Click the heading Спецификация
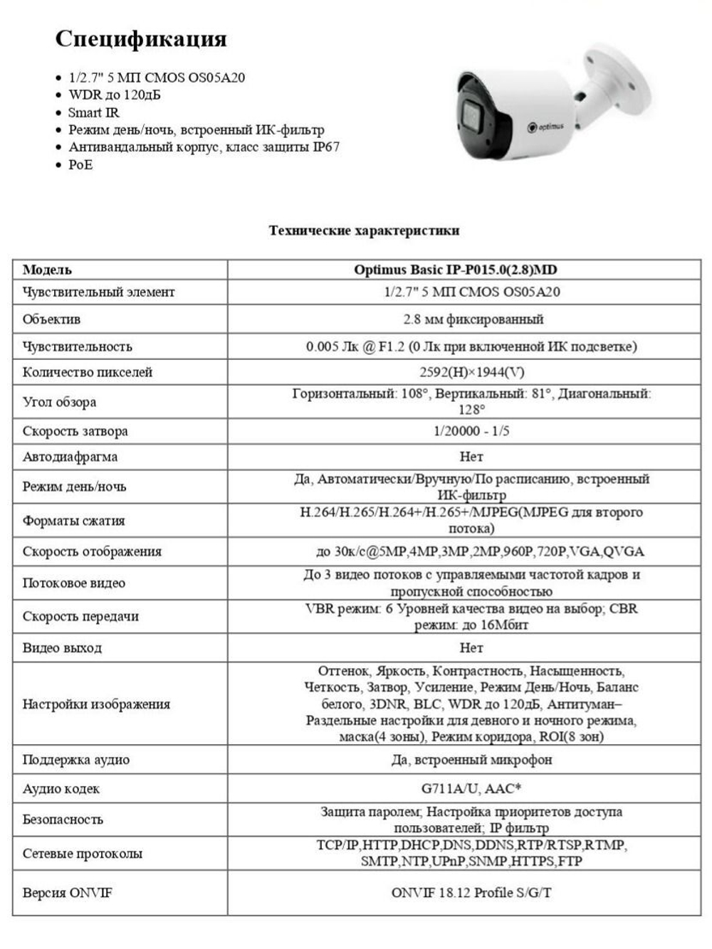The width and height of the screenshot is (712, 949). [x=141, y=38]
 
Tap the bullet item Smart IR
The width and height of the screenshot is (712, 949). [x=93, y=112]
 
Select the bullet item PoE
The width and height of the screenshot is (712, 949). [x=80, y=165]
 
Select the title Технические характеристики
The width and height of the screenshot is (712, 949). [x=364, y=230]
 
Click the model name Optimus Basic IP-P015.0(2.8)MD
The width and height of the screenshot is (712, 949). [x=456, y=270]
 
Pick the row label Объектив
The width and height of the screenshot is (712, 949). [x=51, y=319]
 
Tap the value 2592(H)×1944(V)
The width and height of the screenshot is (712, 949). [x=471, y=372]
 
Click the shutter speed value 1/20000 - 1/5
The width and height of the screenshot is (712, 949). [x=471, y=431]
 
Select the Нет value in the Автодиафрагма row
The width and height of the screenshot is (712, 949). [x=471, y=457]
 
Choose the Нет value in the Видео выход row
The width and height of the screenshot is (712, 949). [x=471, y=648]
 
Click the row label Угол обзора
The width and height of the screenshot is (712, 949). [x=59, y=402]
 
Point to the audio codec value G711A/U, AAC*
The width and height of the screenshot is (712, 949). [x=471, y=788]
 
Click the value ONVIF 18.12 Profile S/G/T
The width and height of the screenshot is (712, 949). [x=471, y=893]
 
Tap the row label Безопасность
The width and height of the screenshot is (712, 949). [x=63, y=820]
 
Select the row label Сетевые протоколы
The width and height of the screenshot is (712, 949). [x=82, y=854]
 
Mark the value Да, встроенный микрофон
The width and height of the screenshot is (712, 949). [x=471, y=760]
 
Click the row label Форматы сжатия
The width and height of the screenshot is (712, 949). [x=73, y=521]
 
